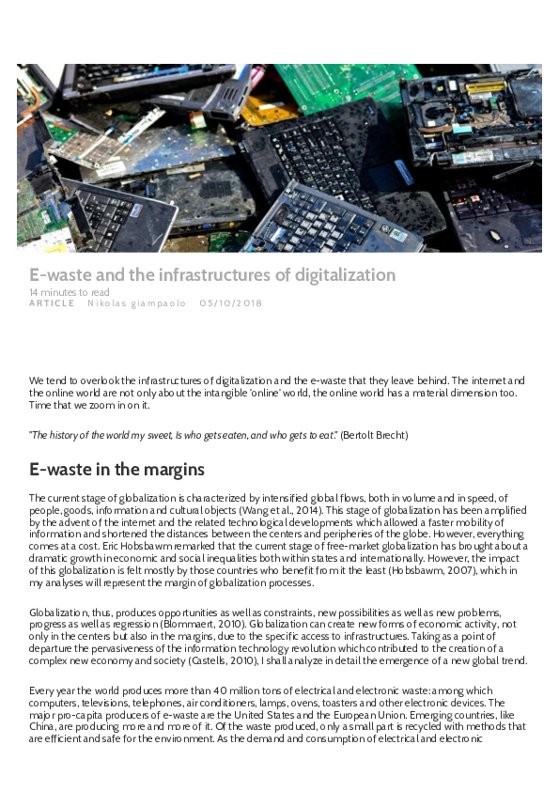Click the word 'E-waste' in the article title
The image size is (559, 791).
point(61,275)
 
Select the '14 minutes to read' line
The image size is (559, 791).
point(70,292)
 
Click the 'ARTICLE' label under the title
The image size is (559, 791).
point(52,303)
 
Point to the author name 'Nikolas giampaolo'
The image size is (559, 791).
point(137,303)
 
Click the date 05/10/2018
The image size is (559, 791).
point(230,303)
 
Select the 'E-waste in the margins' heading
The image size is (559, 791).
point(117,469)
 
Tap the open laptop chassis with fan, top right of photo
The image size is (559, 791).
point(470,117)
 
